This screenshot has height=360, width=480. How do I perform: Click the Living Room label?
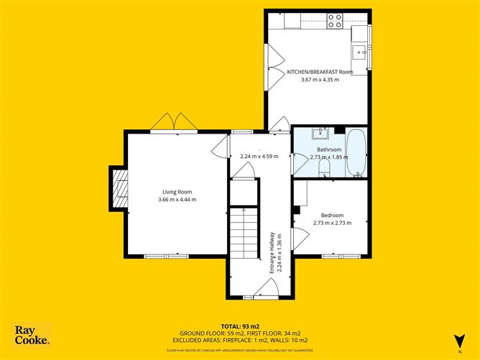pos(177,191)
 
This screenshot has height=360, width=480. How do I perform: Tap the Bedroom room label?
pos(332,216)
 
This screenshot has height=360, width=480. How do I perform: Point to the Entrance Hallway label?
pos(272,252)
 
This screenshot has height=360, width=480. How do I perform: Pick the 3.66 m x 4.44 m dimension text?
pos(177,199)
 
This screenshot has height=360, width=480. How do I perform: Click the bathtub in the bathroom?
pos(356,152)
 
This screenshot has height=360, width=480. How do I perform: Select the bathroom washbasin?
pos(321,133)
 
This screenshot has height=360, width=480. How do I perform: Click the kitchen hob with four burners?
pos(335,21)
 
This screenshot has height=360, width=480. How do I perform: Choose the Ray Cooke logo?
pos(32,335)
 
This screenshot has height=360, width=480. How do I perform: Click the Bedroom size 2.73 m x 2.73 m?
pos(332,223)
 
